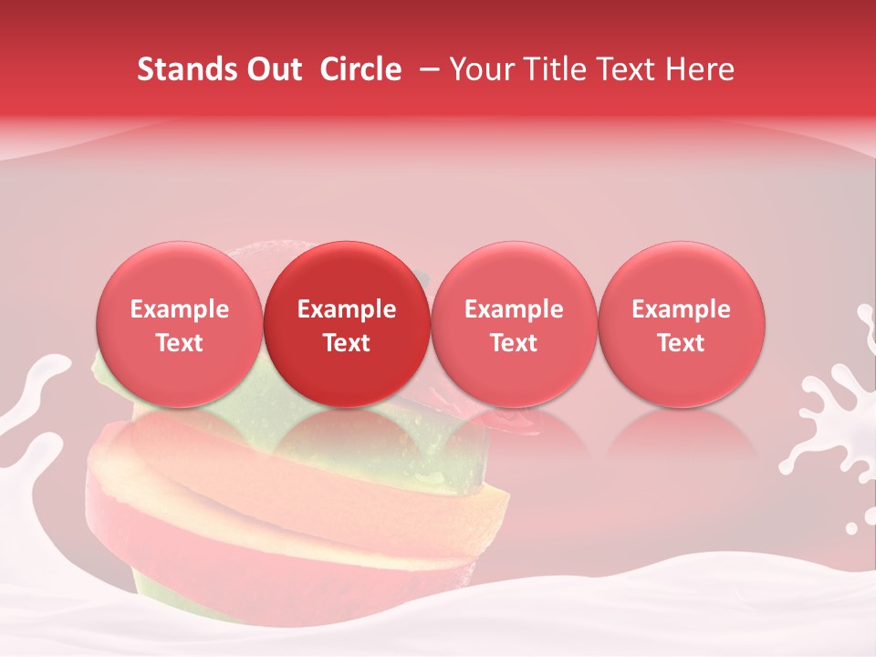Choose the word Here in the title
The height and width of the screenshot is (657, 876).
701,69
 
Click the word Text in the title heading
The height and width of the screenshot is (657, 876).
625,69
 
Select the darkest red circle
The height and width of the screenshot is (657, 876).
347,324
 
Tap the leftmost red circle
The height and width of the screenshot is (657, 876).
179,324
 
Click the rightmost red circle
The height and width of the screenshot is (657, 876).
682,324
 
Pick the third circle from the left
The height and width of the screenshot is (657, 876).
514,324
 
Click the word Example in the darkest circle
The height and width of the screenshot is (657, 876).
347,309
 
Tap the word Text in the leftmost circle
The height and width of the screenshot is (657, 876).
179,343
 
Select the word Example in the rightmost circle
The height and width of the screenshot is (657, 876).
682,309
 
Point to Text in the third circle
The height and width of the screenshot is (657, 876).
514,343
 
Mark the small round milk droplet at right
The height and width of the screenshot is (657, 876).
852,527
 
